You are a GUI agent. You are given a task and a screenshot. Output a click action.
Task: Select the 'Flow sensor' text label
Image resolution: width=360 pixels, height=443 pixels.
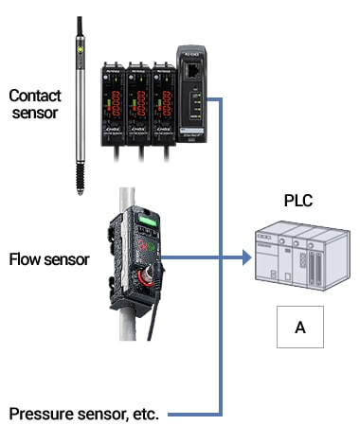[46, 257]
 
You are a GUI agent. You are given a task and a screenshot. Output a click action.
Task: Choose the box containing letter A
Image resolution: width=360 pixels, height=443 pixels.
[300, 327]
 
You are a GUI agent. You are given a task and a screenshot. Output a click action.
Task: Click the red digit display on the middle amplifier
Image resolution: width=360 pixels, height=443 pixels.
[141, 97]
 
